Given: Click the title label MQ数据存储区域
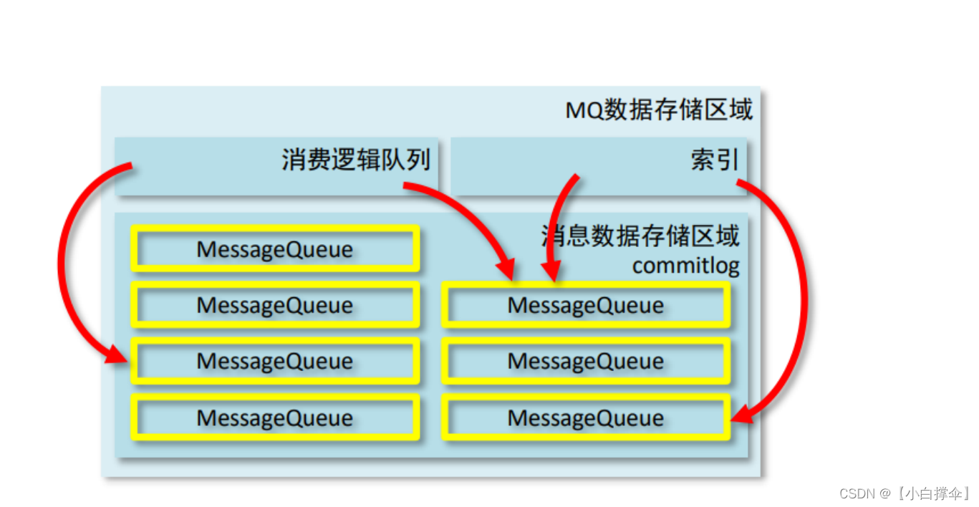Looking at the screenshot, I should click(659, 110).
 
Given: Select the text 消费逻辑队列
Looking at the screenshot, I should click(356, 160).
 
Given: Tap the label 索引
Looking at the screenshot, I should click(714, 160).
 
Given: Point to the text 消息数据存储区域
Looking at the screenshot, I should click(640, 236).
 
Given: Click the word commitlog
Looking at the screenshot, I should click(685, 266).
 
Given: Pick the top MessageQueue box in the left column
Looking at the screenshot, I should click(275, 249).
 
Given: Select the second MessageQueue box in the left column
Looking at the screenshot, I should click(275, 306).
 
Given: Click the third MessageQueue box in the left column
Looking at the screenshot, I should click(275, 361).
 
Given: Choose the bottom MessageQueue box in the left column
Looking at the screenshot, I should click(275, 417).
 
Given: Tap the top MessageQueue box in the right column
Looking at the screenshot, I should click(586, 306).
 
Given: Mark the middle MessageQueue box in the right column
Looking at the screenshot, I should click(586, 361).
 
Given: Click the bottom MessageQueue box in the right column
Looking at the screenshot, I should click(586, 417).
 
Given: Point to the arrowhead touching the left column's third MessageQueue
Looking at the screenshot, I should click(118, 354).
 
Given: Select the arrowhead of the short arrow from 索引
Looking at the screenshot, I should click(549, 272).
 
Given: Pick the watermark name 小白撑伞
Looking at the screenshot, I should click(935, 493).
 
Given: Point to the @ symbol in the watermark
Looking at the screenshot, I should click(885, 493).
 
